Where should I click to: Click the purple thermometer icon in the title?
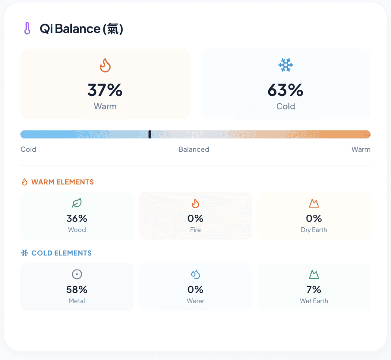[x=27, y=29]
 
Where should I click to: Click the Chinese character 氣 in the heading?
[x=113, y=29]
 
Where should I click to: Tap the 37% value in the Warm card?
[x=105, y=90]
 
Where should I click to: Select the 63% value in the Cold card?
[x=286, y=90]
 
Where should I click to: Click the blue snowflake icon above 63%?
[x=286, y=66]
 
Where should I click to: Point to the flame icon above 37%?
[x=105, y=66]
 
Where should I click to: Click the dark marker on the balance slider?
[x=150, y=134]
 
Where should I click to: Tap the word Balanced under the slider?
[x=194, y=149]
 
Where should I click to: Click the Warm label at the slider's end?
[x=361, y=149]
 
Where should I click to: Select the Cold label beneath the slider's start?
[x=28, y=149]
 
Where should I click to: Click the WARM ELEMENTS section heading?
[x=62, y=182]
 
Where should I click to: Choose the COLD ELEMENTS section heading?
[x=61, y=253]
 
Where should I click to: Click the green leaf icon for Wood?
[x=77, y=203]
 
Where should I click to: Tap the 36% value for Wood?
[x=77, y=218]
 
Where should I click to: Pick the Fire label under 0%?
[x=195, y=230]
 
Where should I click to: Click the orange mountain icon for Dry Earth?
[x=314, y=203]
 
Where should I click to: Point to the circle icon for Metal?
[x=77, y=274]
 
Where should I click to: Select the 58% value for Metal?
[x=77, y=289]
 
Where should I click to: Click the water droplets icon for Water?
[x=195, y=274]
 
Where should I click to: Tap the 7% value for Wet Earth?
[x=314, y=289]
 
